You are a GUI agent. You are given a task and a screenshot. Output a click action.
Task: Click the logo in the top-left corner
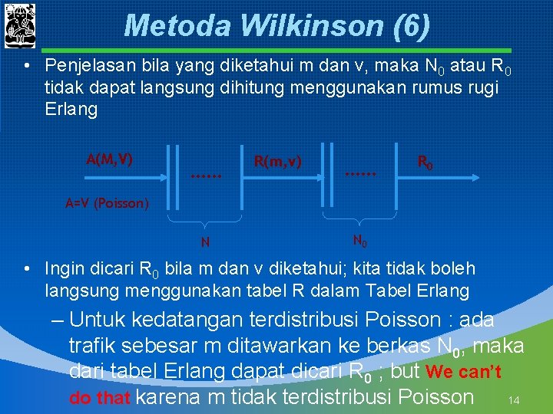click(20, 27)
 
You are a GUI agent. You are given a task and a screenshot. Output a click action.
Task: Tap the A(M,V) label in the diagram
click(109, 159)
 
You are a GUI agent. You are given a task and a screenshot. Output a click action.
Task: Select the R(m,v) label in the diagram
click(277, 162)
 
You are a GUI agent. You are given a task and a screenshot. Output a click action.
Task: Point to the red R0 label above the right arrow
click(425, 162)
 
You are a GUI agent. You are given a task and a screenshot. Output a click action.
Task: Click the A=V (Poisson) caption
click(101, 204)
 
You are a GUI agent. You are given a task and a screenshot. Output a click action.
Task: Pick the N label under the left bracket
click(205, 243)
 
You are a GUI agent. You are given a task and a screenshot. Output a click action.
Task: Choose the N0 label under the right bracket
click(359, 241)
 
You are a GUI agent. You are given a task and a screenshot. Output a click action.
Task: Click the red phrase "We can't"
click(463, 373)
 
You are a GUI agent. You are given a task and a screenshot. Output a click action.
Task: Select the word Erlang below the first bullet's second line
click(71, 110)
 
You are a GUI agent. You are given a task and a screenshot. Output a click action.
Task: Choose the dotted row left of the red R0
click(361, 176)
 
